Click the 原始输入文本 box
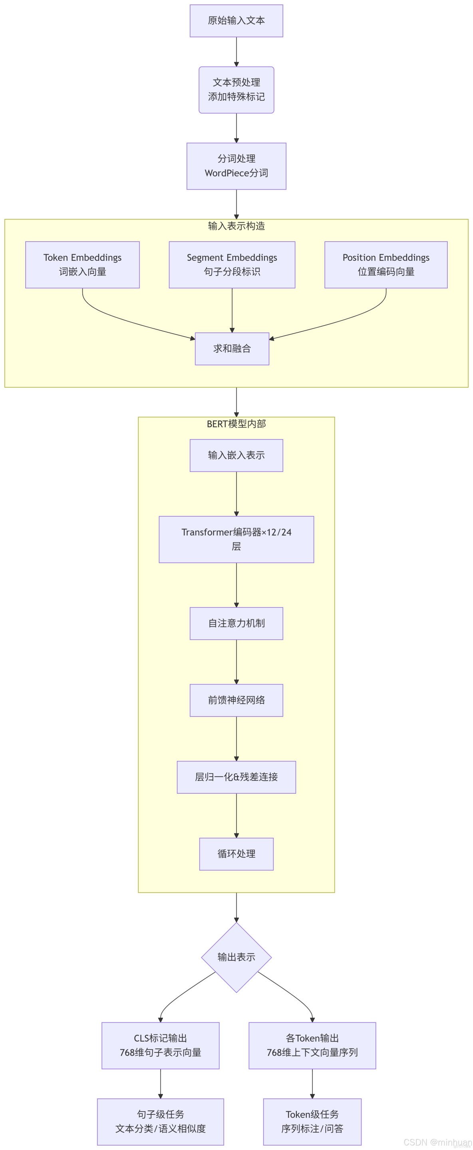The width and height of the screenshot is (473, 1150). coord(236,20)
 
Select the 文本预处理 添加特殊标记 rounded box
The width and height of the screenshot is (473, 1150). coord(236,90)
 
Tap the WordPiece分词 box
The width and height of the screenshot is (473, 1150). coord(236,166)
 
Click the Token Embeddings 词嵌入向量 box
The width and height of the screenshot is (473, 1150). coord(82,265)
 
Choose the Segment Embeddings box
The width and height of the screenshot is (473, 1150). coord(232,265)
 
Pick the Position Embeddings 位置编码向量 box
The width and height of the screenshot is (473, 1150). coord(386,265)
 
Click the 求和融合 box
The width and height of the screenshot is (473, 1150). coord(232,349)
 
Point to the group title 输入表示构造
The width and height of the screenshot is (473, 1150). coord(236,226)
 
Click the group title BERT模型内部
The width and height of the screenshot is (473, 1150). coord(236,424)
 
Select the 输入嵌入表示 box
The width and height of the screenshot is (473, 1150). coord(236,455)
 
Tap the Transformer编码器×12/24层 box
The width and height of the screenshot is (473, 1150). coord(236,539)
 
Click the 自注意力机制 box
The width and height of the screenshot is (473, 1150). coord(236,623)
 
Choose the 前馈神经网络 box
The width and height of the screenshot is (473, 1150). coord(236,700)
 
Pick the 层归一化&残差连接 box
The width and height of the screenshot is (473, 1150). coord(236,777)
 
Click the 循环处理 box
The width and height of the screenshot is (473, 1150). coord(236,854)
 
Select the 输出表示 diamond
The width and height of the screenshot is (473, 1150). coord(236,957)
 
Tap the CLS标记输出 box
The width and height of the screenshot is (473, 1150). coord(160,1045)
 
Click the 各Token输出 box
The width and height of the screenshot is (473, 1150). coord(312,1045)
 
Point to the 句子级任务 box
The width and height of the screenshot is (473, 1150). coord(160,1122)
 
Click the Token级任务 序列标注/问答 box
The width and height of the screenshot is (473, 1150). coord(312,1122)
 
